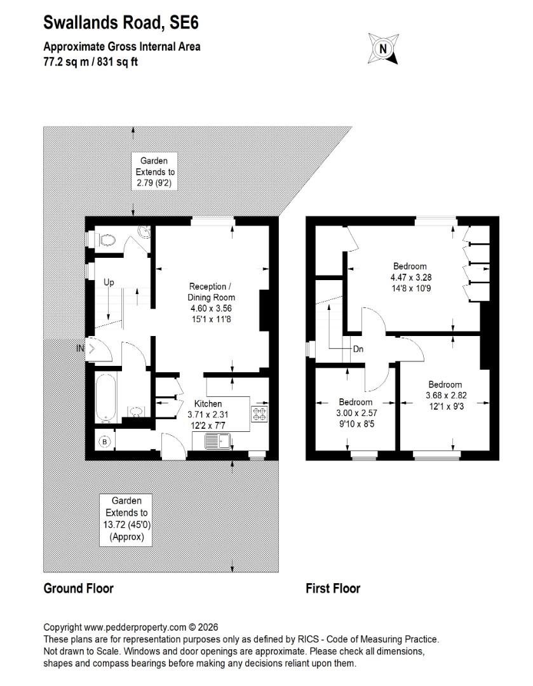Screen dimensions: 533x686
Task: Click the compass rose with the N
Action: click(383, 48)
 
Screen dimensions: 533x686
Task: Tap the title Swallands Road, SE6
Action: click(121, 22)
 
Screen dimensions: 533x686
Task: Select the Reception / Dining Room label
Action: click(211, 303)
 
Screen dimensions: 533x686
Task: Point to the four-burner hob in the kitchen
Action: click(259, 414)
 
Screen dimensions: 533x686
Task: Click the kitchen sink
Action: click(217, 441)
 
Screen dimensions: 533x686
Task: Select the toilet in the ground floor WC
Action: click(105, 239)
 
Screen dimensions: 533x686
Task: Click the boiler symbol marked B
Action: click(105, 442)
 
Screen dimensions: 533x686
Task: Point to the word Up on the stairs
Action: click(109, 282)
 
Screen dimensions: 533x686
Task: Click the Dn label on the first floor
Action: click(358, 349)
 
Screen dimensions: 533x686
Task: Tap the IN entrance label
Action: click(80, 349)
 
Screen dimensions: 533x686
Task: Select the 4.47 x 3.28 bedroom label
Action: click(410, 278)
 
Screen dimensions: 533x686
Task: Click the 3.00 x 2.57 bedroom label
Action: click(356, 413)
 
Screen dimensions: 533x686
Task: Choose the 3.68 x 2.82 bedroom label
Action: click(445, 396)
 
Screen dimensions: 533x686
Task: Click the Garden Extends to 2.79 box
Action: click(154, 171)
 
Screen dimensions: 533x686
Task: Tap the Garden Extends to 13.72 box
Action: click(126, 520)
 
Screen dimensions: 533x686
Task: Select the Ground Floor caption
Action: click(79, 588)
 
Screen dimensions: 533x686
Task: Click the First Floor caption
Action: click(333, 588)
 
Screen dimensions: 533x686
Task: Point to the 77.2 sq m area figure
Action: click(64, 62)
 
